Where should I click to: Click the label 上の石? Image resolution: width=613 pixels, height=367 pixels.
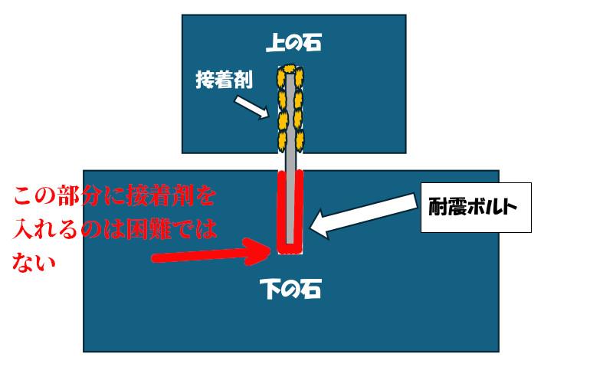[293, 43]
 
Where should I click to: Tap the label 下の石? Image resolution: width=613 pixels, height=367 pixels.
[290, 289]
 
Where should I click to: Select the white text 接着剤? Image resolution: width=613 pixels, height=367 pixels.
[224, 80]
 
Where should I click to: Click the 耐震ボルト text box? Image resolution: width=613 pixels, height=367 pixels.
[476, 208]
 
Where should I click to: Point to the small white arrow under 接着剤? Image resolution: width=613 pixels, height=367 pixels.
[252, 107]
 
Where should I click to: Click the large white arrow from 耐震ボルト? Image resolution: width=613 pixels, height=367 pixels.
[362, 216]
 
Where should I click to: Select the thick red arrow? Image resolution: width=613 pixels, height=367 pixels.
[211, 253]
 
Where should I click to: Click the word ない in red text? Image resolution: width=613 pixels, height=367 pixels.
[34, 262]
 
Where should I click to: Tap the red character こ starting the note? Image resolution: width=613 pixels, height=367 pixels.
[25, 195]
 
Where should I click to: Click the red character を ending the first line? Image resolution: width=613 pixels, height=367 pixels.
[205, 195]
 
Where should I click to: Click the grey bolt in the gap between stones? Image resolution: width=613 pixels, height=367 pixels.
[290, 162]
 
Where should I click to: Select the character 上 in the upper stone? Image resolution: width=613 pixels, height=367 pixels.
[275, 43]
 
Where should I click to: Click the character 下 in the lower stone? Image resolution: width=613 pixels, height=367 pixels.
[270, 289]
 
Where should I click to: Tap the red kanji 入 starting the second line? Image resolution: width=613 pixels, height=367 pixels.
[23, 229]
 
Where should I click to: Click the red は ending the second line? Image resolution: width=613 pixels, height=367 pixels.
[205, 229]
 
